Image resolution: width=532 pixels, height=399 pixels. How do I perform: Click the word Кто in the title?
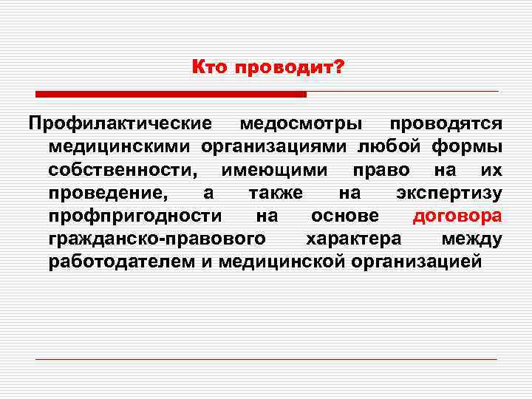(210, 68)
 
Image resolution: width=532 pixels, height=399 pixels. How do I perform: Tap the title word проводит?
(290, 69)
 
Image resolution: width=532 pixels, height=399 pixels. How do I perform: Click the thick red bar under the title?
(171, 95)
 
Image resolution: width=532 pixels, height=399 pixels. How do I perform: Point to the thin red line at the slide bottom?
(266, 359)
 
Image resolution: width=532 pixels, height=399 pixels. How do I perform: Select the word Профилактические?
(120, 123)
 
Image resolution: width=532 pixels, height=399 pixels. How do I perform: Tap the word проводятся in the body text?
(446, 123)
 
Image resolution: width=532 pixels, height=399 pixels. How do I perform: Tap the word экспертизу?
(449, 194)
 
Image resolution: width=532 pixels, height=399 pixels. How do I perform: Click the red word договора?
(457, 216)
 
